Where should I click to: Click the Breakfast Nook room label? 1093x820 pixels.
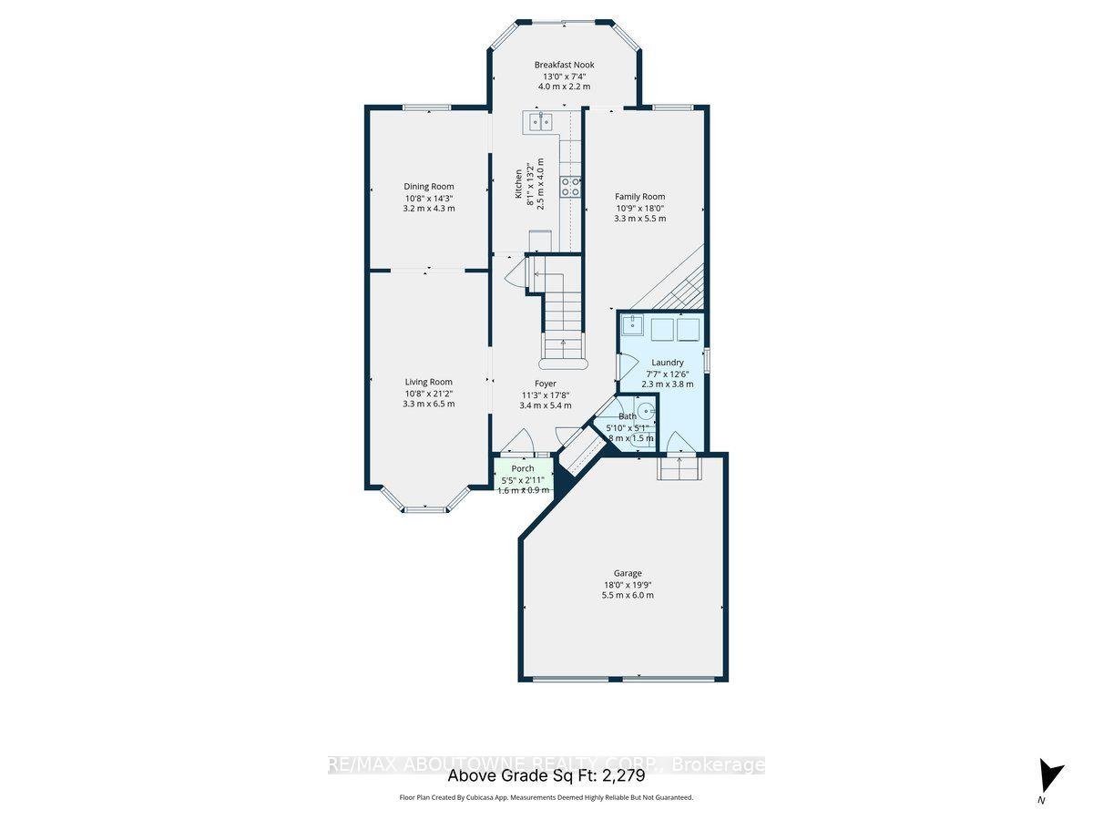[564, 65]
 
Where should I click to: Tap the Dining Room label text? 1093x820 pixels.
[429, 187]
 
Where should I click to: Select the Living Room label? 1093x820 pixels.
[429, 382]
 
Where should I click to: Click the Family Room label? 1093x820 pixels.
[639, 197]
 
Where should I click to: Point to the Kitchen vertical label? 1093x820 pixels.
[519, 183]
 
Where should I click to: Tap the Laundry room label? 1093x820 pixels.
[667, 363]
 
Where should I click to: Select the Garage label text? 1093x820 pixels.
[627, 573]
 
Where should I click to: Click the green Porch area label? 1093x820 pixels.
[523, 468]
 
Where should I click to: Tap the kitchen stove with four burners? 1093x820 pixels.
[571, 187]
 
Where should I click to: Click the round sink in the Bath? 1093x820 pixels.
[645, 411]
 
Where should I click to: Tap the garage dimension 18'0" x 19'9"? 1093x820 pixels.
[627, 585]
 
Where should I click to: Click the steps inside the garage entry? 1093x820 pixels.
[678, 469]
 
